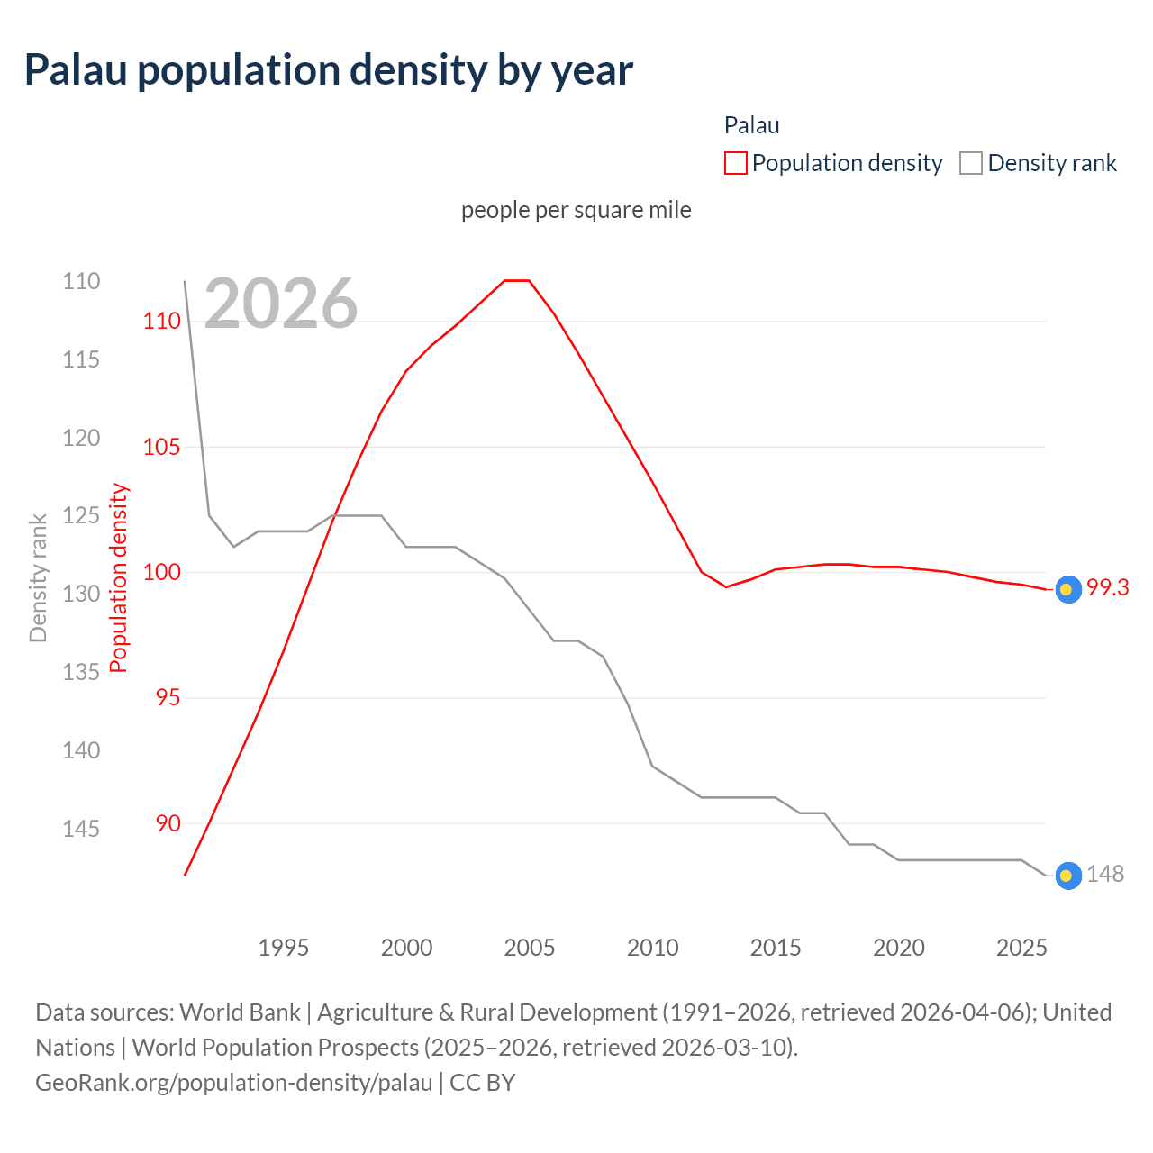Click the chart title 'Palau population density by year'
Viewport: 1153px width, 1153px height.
tap(329, 70)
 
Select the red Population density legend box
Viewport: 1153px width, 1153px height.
tap(736, 163)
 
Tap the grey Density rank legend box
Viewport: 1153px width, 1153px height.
tap(970, 163)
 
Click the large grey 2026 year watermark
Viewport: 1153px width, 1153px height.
tap(281, 304)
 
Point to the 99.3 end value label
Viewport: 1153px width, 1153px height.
tap(1107, 588)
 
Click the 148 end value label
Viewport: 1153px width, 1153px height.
tap(1105, 875)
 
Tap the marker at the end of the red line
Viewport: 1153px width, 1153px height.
tap(1067, 590)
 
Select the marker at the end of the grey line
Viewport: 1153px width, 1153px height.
tap(1067, 876)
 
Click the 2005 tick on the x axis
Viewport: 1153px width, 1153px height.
tap(530, 948)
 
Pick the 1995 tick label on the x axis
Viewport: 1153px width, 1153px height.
tap(283, 948)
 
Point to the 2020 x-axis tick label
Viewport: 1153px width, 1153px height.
tap(899, 948)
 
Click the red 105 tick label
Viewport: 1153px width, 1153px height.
tap(162, 447)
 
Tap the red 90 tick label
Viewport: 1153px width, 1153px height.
tap(168, 823)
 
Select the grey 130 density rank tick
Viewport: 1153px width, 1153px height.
tap(81, 594)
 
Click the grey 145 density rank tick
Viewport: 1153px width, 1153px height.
tap(81, 829)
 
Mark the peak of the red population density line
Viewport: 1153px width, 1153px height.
tap(516, 280)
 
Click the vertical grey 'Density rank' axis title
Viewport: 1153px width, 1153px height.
tap(38, 577)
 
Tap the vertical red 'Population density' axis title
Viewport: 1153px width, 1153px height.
tap(119, 577)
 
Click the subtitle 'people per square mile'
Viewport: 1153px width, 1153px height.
tap(576, 210)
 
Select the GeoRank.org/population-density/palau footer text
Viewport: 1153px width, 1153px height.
tap(234, 1082)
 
